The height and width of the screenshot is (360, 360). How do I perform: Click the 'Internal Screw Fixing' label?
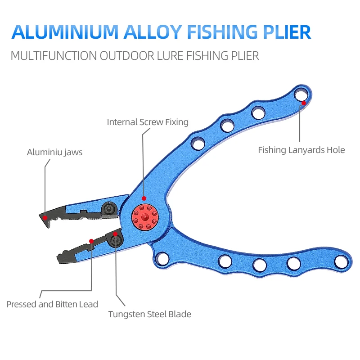pyautogui.click(x=148, y=122)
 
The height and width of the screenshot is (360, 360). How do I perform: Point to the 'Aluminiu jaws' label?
pyautogui.click(x=54, y=152)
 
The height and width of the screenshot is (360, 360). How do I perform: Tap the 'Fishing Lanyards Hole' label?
pyautogui.click(x=301, y=150)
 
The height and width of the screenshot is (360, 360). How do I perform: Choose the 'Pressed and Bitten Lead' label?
pyautogui.click(x=52, y=304)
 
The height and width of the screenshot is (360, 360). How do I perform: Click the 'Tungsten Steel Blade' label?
pyautogui.click(x=149, y=314)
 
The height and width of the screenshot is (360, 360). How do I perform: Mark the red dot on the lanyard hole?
pyautogui.click(x=304, y=103)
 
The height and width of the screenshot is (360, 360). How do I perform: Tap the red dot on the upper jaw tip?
pyautogui.click(x=45, y=217)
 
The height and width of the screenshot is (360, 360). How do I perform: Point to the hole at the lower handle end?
pyautogui.click(x=341, y=261)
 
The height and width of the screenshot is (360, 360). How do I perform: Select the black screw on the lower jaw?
pyautogui.click(x=116, y=241)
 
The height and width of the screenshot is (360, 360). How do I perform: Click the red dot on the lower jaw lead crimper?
pyautogui.click(x=91, y=241)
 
